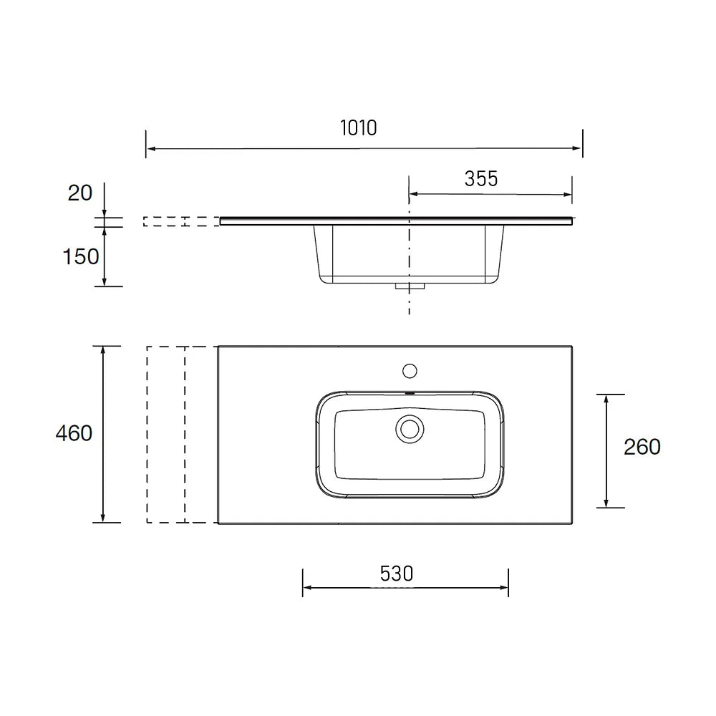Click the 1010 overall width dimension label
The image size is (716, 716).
359,128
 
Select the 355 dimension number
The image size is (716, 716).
481,178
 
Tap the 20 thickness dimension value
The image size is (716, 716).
80,193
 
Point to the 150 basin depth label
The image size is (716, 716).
81,256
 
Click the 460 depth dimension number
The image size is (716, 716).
74,433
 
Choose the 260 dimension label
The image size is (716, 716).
642,447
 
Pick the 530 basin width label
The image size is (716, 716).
397,574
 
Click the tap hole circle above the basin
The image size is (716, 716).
410,371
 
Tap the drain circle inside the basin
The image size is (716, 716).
410,429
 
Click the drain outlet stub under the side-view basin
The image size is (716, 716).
410,286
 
